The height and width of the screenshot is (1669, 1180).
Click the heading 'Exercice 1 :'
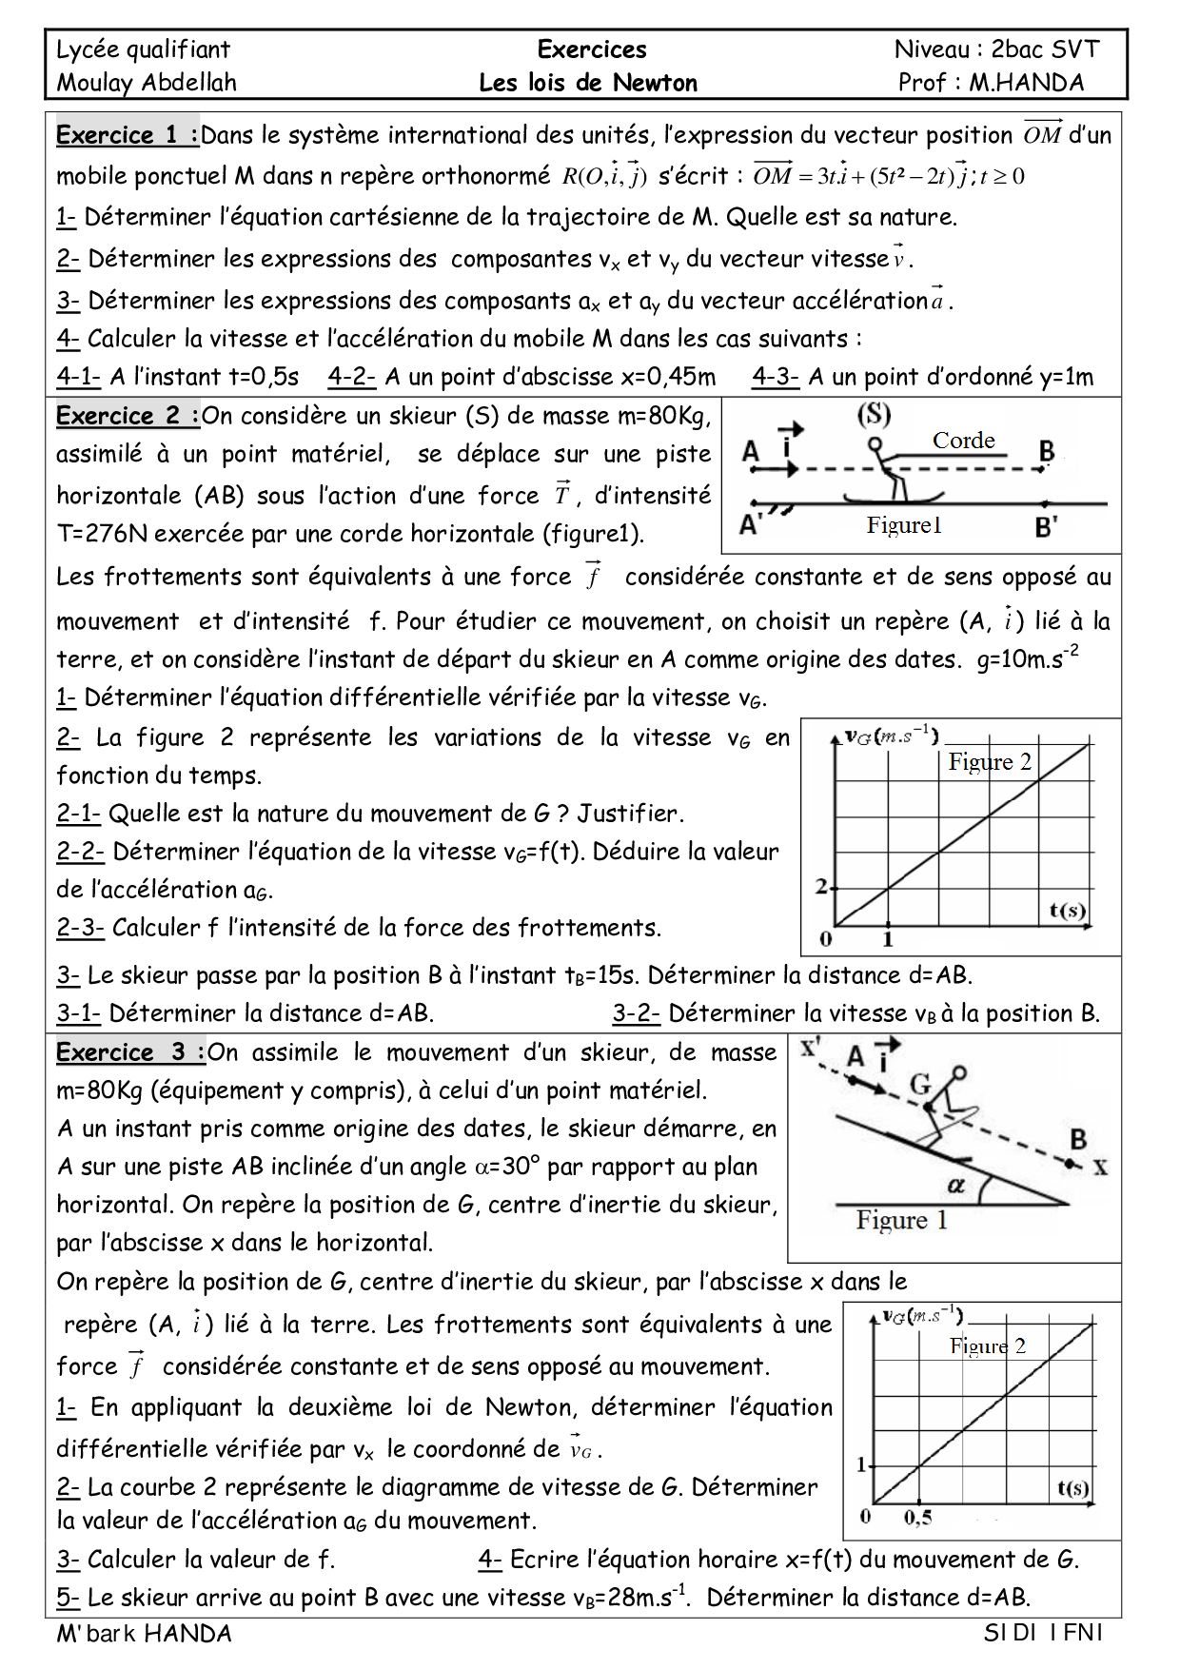coord(128,135)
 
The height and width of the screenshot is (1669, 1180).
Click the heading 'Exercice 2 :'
coord(128,416)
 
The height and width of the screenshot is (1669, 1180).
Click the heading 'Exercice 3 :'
coord(130,1052)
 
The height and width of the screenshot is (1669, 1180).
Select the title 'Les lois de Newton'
coord(588,83)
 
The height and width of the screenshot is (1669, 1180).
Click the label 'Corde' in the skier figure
coord(963,440)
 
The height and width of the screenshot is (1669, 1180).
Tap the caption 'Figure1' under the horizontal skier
coord(903,525)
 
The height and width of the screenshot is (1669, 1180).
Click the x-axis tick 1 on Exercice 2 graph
coord(888,940)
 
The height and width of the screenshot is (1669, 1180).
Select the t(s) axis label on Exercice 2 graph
coord(1067,910)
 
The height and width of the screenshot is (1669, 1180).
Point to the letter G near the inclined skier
coord(919,1084)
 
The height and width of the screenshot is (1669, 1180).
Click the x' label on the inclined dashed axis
coord(812,1048)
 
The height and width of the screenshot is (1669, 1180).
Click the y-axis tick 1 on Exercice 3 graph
coord(861,1464)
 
